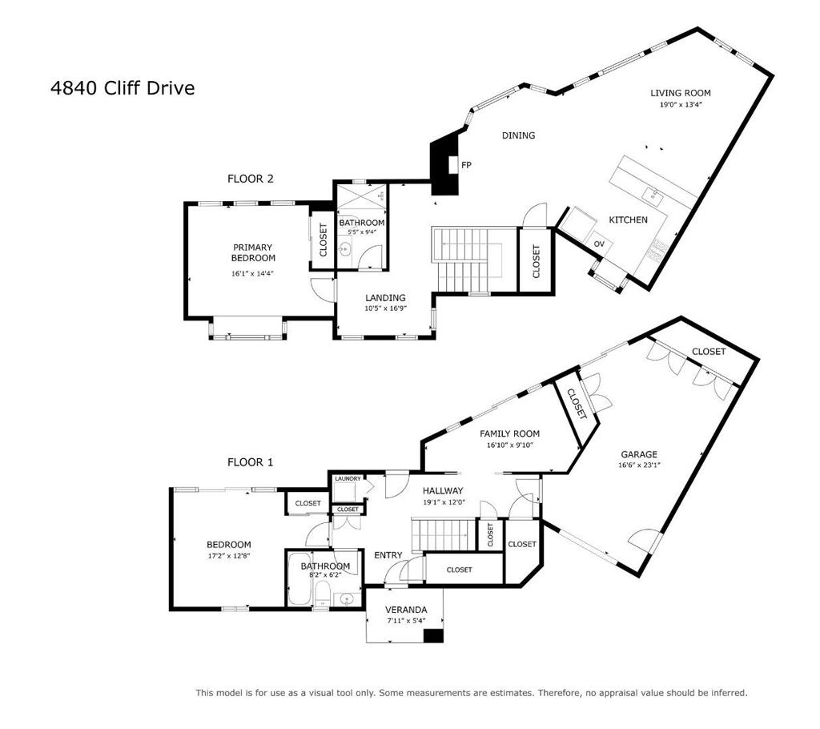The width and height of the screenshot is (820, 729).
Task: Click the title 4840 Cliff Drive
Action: (123, 88)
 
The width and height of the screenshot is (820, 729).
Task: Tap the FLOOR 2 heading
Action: (250, 179)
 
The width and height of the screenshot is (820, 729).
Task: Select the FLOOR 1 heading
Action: (250, 462)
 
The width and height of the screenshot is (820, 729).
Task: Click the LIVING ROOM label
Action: (680, 93)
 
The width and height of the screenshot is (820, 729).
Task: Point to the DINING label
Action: (518, 135)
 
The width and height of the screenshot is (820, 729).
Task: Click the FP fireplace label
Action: (466, 165)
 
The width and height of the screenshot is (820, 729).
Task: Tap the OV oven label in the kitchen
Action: (598, 244)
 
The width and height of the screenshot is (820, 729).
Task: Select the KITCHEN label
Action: (628, 220)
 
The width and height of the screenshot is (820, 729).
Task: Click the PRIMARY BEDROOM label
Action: (253, 252)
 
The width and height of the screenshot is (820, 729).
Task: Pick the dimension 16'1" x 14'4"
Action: (253, 274)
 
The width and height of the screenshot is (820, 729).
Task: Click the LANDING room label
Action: (385, 298)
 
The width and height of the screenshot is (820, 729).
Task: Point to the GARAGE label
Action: (637, 454)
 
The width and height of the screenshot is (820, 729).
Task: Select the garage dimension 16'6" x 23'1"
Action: (637, 465)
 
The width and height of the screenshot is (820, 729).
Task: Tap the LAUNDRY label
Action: (348, 479)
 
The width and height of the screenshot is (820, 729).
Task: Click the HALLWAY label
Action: (443, 491)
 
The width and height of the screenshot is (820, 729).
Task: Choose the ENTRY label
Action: (388, 555)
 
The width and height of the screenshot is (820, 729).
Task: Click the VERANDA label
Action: (406, 610)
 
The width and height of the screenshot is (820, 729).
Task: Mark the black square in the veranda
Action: (433, 635)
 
